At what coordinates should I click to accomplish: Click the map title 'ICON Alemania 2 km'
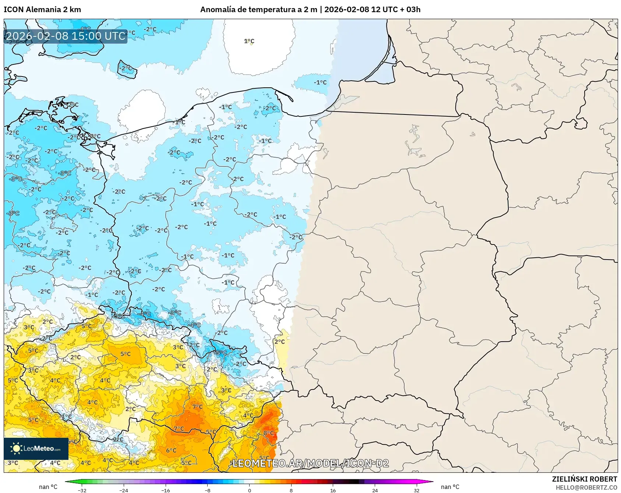point(42,10)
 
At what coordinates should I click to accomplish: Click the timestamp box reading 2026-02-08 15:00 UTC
point(66,36)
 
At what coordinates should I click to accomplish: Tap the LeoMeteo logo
point(36,448)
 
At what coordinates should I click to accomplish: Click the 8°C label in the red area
point(268,433)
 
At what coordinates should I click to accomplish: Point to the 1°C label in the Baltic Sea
point(249,41)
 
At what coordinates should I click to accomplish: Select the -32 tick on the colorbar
point(82,490)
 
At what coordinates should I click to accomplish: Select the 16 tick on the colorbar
point(333,490)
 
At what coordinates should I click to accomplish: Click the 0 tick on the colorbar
point(250,490)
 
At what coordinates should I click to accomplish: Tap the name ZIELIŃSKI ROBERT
point(584,479)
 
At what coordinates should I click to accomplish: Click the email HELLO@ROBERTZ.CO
point(586,487)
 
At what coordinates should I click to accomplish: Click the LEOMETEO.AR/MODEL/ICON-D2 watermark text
point(310,463)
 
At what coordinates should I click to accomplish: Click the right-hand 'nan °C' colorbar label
point(450,487)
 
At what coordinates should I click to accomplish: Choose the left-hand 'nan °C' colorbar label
point(48,487)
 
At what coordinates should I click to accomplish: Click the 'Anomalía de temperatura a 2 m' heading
point(258,10)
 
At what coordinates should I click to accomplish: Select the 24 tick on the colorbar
point(375,490)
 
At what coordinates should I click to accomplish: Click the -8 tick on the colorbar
point(208,490)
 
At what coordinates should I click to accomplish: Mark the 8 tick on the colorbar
point(291,490)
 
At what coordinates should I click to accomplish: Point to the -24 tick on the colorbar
point(124,490)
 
